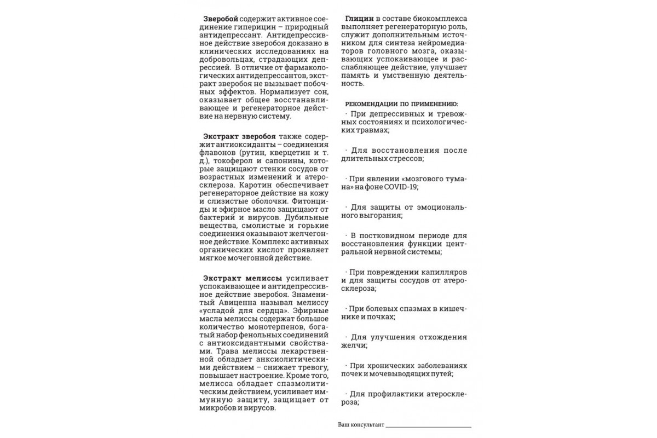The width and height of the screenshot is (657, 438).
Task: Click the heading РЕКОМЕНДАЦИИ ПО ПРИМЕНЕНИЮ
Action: tap(402, 103)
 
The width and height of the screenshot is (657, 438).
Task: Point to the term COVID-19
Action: tap(401, 187)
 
